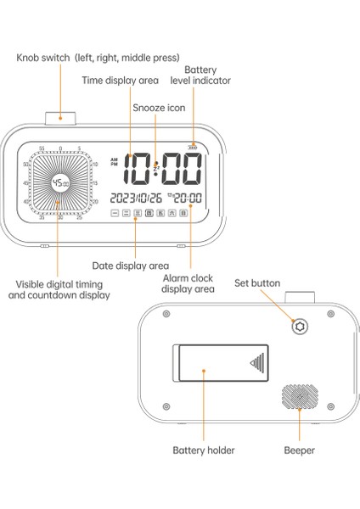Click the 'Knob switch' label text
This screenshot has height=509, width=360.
point(98,58)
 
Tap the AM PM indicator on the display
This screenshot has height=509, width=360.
point(115,161)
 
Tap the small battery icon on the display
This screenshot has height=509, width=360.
point(195,145)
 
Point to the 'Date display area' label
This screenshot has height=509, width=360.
point(129,266)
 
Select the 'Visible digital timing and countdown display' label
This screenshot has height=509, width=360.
point(59,289)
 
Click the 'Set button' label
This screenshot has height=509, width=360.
point(257,283)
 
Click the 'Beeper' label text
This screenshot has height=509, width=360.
point(299,450)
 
